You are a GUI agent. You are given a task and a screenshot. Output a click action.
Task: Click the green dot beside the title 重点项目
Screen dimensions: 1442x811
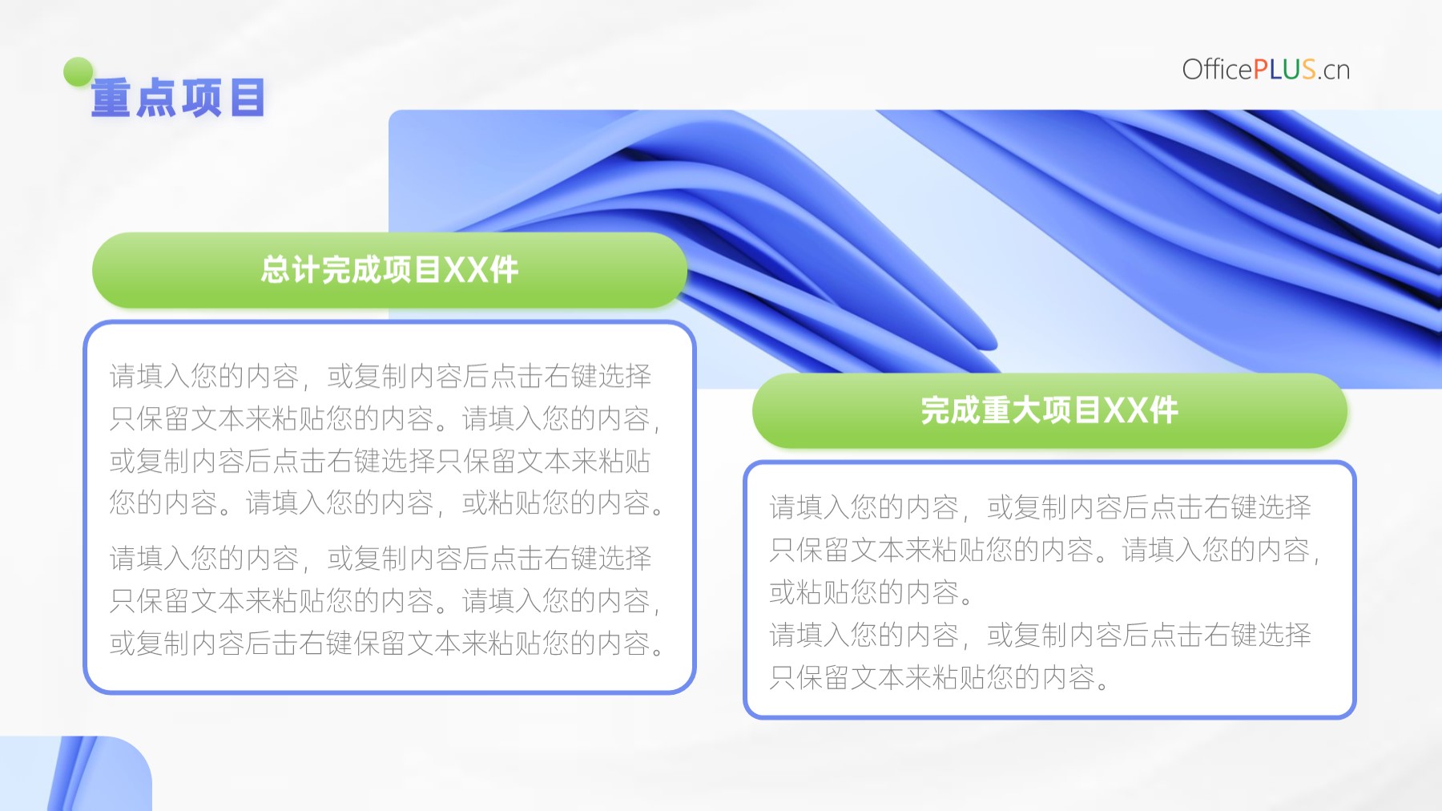(79, 72)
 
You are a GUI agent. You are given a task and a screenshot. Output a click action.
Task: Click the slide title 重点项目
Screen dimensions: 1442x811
(178, 99)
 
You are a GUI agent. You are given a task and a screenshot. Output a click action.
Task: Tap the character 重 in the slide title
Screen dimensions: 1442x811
(111, 99)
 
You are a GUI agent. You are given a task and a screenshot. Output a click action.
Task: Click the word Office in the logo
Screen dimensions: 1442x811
(1217, 70)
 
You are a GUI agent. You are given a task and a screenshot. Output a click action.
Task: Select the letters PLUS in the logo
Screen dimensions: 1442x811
(1284, 70)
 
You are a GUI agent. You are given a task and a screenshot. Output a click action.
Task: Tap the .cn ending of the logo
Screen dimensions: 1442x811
(1334, 71)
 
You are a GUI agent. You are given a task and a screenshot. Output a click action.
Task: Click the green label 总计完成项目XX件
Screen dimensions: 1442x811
(389, 270)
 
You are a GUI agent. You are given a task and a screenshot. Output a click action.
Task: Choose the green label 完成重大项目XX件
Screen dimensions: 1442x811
(1049, 410)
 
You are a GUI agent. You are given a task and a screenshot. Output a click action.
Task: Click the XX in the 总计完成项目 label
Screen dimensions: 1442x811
(465, 270)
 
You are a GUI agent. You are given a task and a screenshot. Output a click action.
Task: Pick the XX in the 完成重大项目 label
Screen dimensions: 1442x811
(1126, 410)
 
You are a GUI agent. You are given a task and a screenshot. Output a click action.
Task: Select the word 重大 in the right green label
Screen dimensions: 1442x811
(1012, 410)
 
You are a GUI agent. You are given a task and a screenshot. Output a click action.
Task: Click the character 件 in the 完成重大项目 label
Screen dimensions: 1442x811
(1163, 410)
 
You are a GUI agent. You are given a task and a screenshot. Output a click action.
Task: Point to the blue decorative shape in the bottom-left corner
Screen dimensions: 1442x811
(76, 773)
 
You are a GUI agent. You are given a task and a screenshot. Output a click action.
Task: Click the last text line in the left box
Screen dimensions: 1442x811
(387, 644)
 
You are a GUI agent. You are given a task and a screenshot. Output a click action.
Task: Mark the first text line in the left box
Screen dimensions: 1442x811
(381, 376)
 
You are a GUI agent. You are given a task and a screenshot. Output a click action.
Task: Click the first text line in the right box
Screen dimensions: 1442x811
(1041, 507)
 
